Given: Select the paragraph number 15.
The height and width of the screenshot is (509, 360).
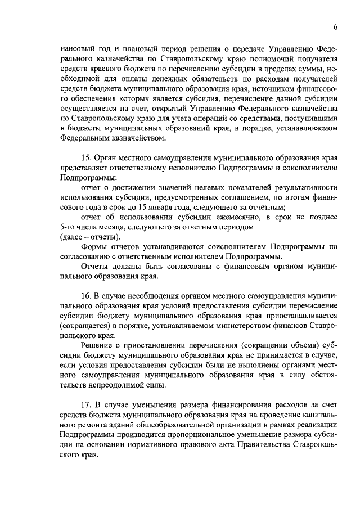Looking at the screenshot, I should pos(87,159).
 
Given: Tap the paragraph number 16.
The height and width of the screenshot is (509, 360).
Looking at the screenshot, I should pos(87,294).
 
